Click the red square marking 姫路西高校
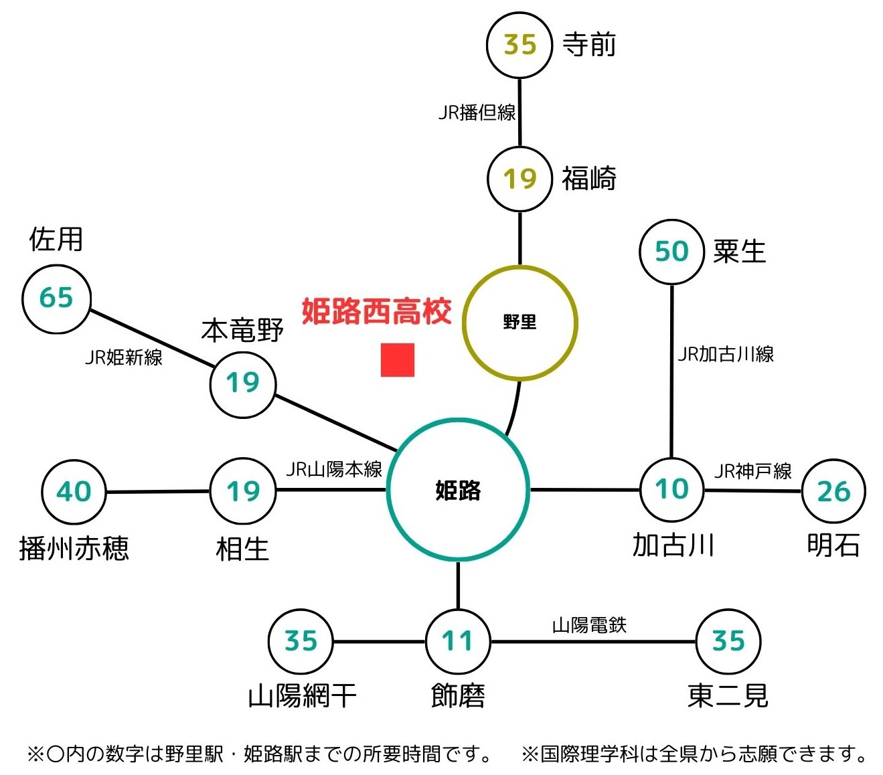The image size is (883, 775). coord(398,360)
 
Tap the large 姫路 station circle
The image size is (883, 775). coord(459,489)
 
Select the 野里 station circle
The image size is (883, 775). coord(519,323)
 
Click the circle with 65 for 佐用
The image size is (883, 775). coord(56,298)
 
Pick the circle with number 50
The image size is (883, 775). coord(672,252)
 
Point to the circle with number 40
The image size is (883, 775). coord(74,492)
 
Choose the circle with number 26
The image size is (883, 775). coord(833,492)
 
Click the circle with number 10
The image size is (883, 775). coord(672,489)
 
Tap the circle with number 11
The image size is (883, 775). coord(458,641)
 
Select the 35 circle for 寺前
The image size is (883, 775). coord(519,45)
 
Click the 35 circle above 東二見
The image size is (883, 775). coord(728,641)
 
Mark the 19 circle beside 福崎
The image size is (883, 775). coord(519,179)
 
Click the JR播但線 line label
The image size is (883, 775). coord(477,112)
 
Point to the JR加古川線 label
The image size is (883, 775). coord(726,354)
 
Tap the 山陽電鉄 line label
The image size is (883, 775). coord(589,625)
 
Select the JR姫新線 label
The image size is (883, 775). coord(124,357)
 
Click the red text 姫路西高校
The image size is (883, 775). coord(376,312)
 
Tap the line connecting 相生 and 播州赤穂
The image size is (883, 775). coord(159,492)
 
